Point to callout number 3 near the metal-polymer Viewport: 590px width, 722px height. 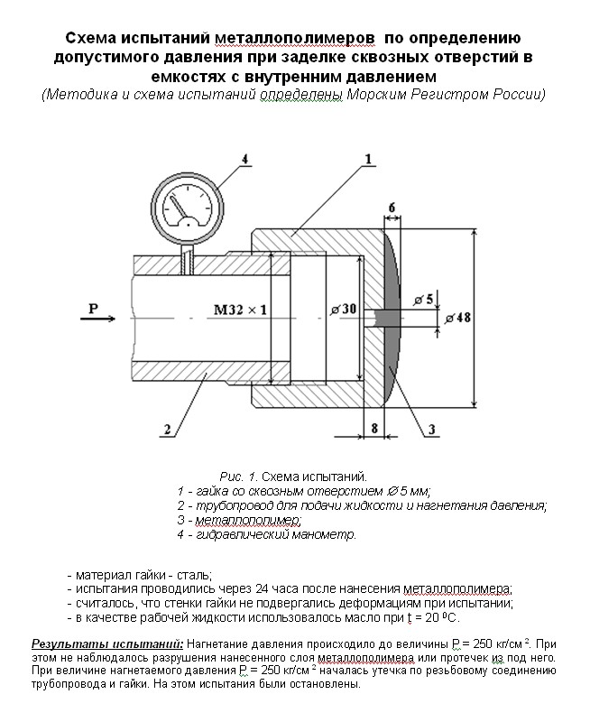(x=432, y=430)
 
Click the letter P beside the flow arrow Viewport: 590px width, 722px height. (x=93, y=310)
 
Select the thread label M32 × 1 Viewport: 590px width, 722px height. (x=240, y=310)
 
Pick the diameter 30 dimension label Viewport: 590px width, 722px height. (x=344, y=310)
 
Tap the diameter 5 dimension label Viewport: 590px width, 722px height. (x=423, y=299)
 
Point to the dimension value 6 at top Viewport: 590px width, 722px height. (x=392, y=208)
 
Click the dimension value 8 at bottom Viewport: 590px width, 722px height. (x=374, y=429)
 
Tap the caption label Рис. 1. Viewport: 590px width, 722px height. (x=239, y=475)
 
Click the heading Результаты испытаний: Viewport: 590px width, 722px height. (x=107, y=643)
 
